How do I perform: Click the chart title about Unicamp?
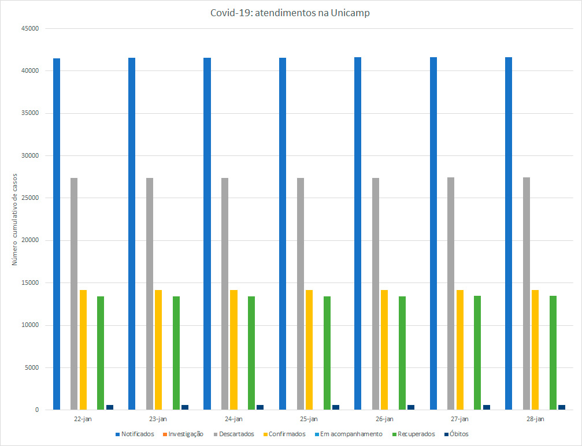point(290,13)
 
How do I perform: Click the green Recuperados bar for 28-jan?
point(553,352)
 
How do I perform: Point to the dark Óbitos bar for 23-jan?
point(185,407)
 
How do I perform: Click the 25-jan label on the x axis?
point(309,419)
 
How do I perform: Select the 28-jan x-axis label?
point(535,419)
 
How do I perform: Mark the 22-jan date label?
point(83,419)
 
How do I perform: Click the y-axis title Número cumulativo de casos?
point(15,219)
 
